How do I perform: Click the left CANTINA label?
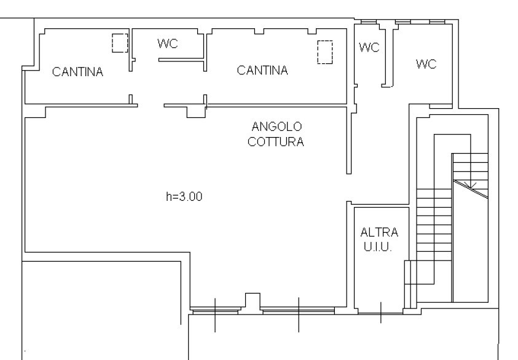click(77, 72)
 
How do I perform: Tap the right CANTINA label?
click(262, 70)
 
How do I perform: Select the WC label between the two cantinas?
click(168, 44)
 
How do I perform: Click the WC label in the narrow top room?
click(369, 47)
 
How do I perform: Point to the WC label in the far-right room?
click(426, 64)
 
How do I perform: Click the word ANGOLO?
click(277, 127)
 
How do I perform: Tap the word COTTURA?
click(276, 142)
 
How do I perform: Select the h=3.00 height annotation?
click(184, 197)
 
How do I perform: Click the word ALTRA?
click(379, 232)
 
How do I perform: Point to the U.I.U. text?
click(378, 247)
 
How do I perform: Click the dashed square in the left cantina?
click(120, 43)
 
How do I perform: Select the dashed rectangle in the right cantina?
click(324, 52)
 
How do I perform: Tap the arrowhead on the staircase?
click(472, 186)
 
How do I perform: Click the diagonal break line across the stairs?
click(471, 189)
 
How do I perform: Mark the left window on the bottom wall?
click(216, 311)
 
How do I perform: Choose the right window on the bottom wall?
click(298, 311)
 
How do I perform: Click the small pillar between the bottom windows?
click(253, 300)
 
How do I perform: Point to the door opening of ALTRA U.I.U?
click(380, 312)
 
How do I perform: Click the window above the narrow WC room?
click(369, 22)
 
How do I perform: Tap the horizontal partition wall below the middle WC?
click(182, 60)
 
